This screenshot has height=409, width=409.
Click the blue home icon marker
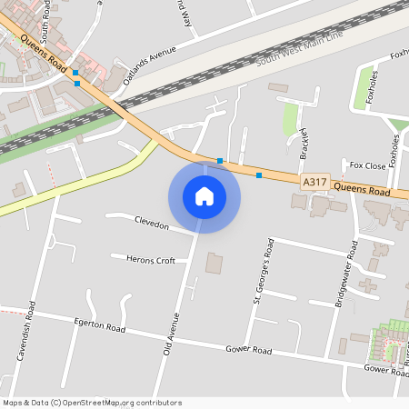tap(204, 196)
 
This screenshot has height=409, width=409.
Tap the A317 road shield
tap(314, 183)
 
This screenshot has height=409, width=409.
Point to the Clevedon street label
tap(152, 224)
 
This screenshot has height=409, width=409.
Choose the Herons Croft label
tap(151, 260)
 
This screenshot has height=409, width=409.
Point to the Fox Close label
tap(368, 166)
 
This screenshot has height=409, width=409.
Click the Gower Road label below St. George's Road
tap(249, 350)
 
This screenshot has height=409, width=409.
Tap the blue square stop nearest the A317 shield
tap(259, 175)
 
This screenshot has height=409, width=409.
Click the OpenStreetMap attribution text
tap(92, 402)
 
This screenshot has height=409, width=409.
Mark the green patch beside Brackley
tap(291, 121)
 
